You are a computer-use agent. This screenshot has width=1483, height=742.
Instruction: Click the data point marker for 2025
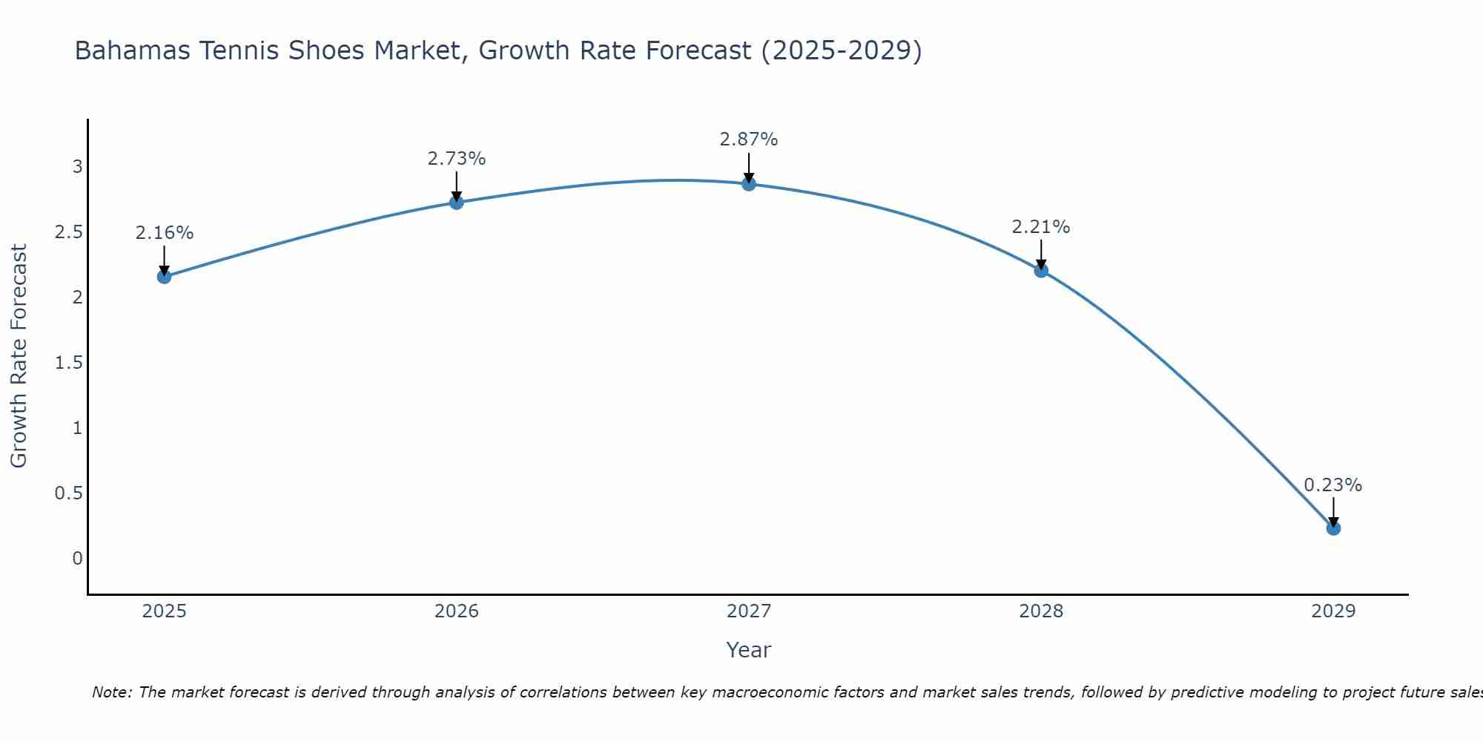pos(164,277)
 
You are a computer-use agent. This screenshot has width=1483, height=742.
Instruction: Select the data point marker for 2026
pos(457,203)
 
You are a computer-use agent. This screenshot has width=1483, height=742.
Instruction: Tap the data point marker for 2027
pos(749,184)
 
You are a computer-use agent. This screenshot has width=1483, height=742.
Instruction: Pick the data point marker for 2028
pos(1041,270)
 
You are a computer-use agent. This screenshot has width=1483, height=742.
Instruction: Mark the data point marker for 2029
pos(1333,528)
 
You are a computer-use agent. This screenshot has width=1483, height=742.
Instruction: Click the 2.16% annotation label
pos(164,233)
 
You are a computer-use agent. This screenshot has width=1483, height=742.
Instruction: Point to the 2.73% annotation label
pos(457,159)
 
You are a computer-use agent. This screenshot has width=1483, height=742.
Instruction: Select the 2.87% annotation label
pos(749,139)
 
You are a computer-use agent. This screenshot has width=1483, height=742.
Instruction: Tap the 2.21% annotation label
pos(1041,227)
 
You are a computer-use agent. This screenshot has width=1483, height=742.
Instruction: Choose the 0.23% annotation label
pos(1333,485)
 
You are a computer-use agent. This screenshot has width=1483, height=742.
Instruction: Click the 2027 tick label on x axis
pos(749,611)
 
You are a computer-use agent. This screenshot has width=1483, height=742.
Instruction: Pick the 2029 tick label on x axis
pos(1333,611)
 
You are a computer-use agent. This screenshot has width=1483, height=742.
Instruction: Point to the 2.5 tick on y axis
pos(68,232)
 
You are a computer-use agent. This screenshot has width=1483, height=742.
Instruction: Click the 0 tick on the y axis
pos(77,559)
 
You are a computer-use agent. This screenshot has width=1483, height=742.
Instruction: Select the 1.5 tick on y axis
pos(68,363)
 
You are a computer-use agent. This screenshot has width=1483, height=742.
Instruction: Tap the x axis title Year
pos(749,650)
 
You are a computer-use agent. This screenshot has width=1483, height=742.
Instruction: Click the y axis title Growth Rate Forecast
pos(19,356)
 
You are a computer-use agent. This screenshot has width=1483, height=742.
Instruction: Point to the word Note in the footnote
pos(111,692)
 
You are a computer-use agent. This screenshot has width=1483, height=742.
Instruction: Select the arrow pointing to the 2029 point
pos(1333,512)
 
